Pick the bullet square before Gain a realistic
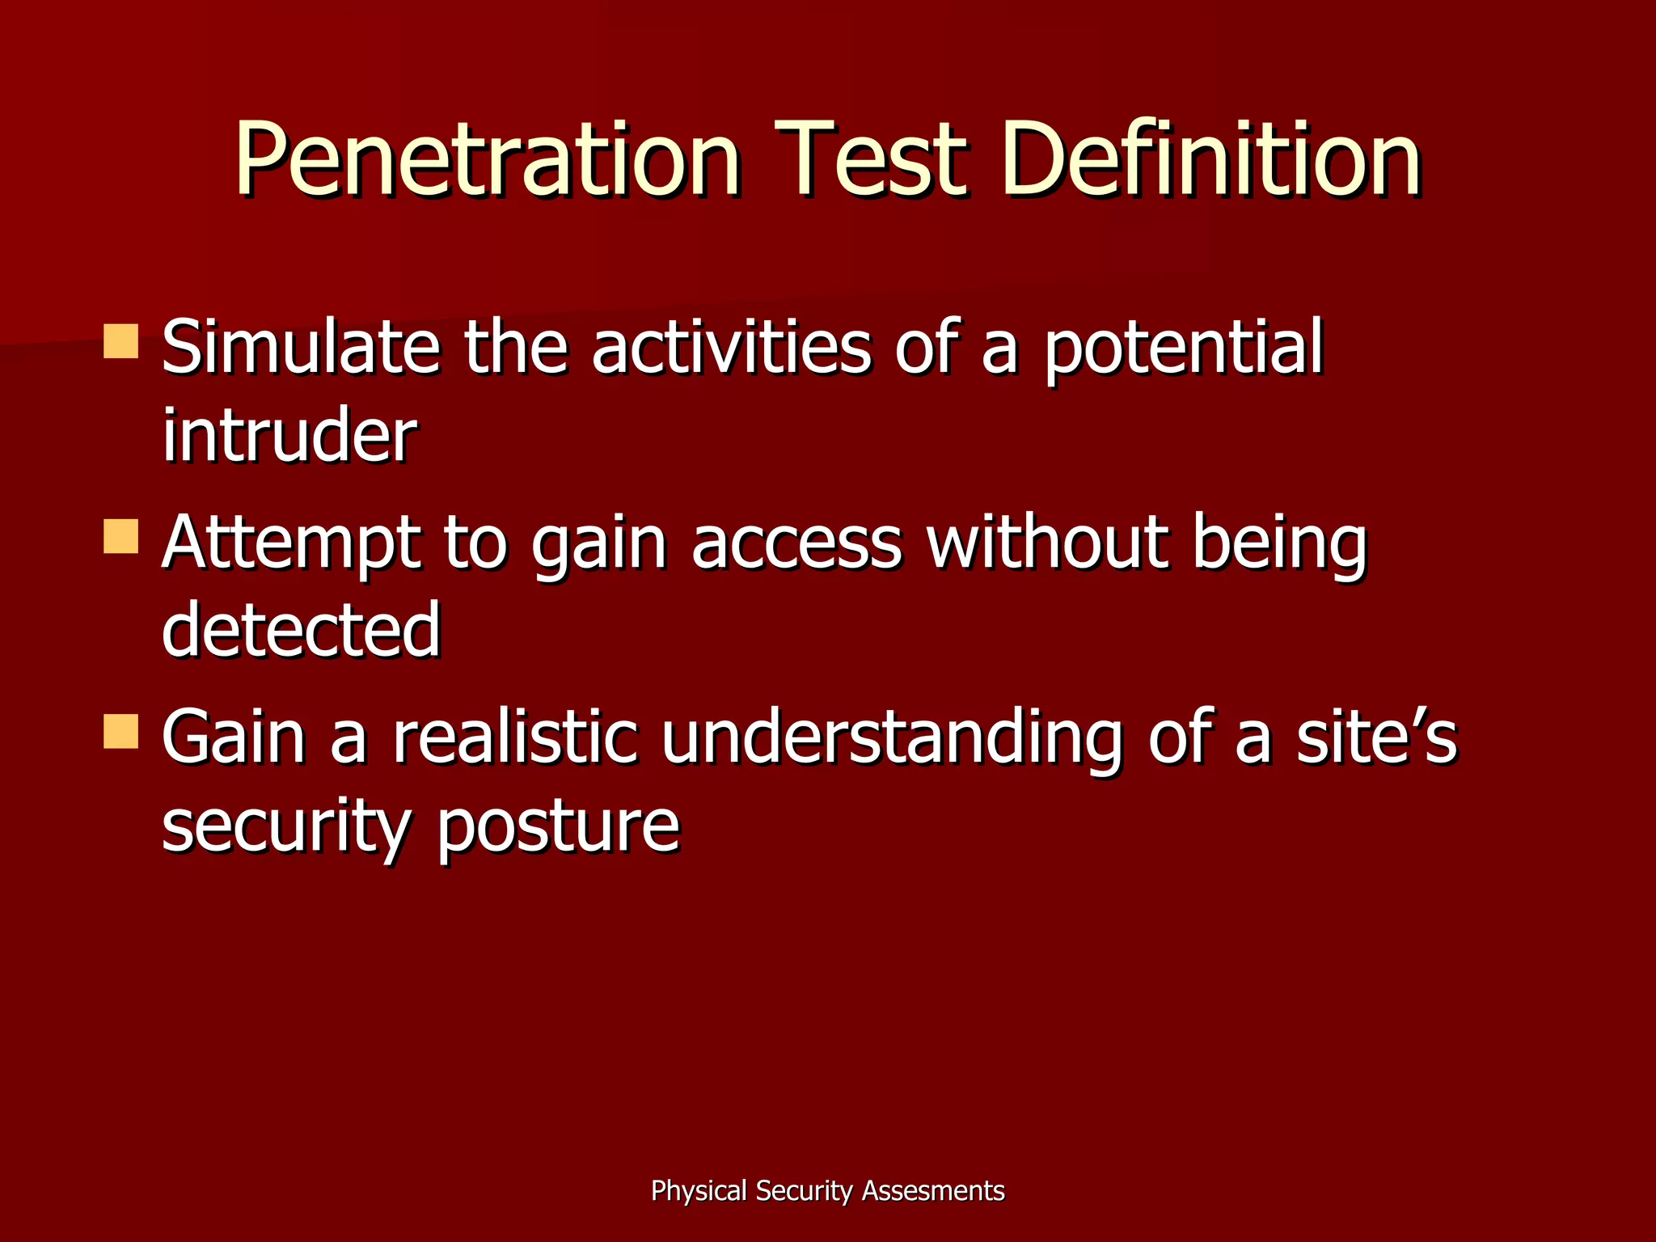pyautogui.click(x=121, y=731)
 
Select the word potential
pyautogui.click(x=1183, y=349)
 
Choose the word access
pyautogui.click(x=796, y=543)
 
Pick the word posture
pyautogui.click(x=558, y=826)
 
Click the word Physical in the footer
pyautogui.click(x=699, y=1191)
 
